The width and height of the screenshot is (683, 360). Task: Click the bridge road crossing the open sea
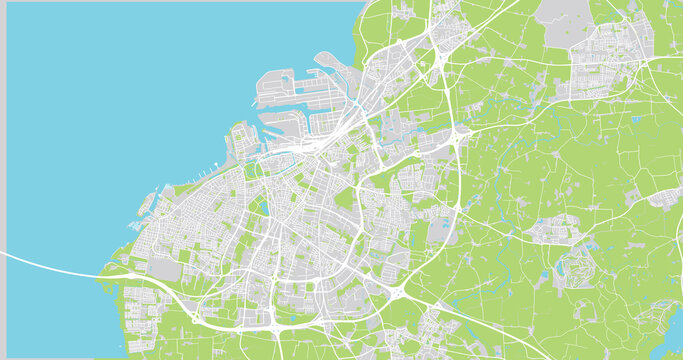(x=50, y=264)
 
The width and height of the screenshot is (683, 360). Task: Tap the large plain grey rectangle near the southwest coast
(x=164, y=268)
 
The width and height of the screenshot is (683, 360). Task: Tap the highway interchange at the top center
(x=440, y=55)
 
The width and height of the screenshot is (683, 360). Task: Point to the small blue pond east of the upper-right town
(x=637, y=118)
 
